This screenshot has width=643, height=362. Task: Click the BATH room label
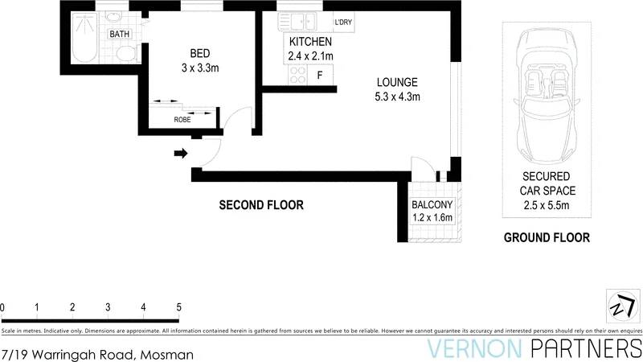pos(120,34)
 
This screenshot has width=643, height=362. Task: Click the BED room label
pos(199,54)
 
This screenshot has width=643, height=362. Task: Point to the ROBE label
pos(182,120)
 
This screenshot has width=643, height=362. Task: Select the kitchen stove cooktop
pos(297,75)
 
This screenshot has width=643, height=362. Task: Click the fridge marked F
pos(321,76)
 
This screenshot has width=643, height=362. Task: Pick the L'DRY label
pos(343,22)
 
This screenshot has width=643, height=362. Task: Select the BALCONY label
pos(433,204)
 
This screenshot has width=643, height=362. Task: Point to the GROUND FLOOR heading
pos(547,237)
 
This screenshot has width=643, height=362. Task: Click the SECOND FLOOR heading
pos(261,205)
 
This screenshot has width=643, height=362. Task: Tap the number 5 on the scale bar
pos(178,307)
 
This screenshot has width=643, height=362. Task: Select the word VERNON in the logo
pos(473,348)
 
